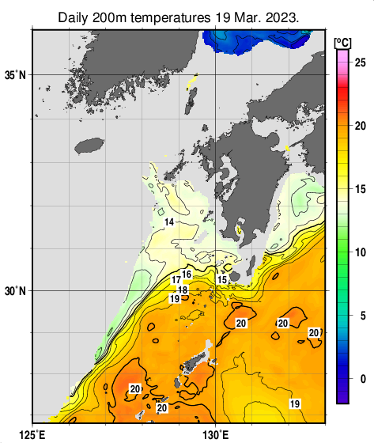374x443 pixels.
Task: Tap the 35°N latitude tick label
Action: pos(15,75)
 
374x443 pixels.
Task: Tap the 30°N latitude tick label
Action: pos(15,291)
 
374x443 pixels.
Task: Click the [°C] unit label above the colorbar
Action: pos(343,42)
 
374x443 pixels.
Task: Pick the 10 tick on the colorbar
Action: pos(359,252)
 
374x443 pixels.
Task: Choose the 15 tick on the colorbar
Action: pos(359,189)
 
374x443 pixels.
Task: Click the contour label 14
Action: pos(168,223)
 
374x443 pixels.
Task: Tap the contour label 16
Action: pos(187,275)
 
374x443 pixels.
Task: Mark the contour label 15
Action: pos(222,280)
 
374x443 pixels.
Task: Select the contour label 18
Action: pos(183,290)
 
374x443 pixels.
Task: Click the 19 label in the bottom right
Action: pos(294,404)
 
